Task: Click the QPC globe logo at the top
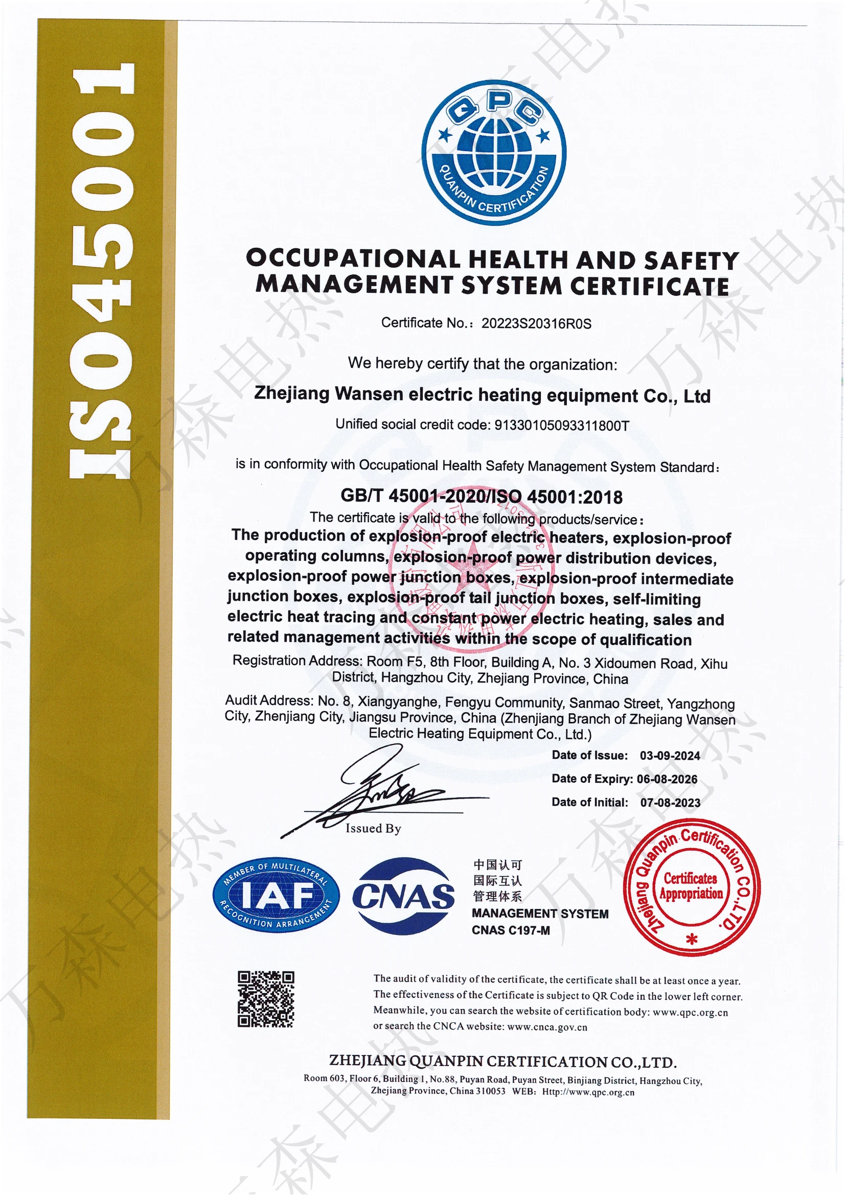(x=494, y=152)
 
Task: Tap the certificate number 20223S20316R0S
(x=536, y=324)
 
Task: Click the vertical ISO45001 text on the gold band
(x=103, y=271)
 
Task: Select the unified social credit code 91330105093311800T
(x=561, y=426)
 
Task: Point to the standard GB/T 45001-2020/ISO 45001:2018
(x=481, y=496)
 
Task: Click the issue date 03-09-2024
(x=670, y=756)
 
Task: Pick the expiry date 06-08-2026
(x=667, y=779)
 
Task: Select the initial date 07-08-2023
(x=670, y=803)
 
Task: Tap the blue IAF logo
(x=276, y=895)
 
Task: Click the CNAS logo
(x=403, y=896)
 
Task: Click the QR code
(x=265, y=999)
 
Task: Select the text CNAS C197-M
(x=510, y=930)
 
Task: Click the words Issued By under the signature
(x=373, y=828)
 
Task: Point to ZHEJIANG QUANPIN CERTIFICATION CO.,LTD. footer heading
(x=503, y=1061)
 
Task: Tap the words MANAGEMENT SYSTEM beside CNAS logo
(x=540, y=914)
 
